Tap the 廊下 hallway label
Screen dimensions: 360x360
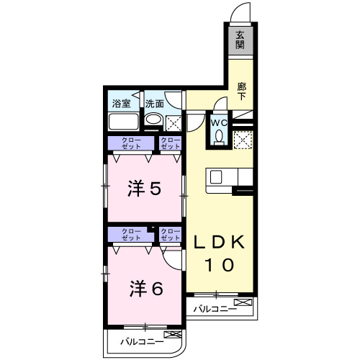coord(243,90)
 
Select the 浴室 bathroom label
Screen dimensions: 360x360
coord(120,103)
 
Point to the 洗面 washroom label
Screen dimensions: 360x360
coord(154,103)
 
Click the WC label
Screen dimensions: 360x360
coord(219,122)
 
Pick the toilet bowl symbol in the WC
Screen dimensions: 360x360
coord(219,137)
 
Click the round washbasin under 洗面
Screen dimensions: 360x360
coord(152,120)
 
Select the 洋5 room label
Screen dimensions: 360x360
coord(144,189)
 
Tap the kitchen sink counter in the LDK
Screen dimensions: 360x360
coord(229,177)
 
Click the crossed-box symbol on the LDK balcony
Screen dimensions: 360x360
coord(243,301)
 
